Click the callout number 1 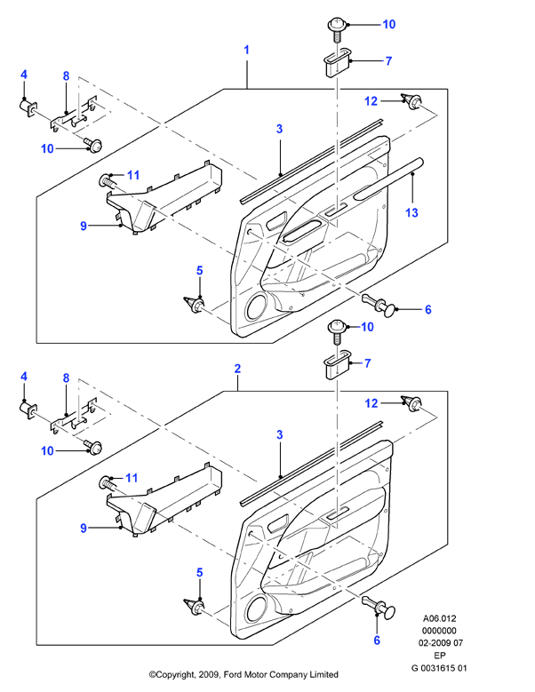(247, 50)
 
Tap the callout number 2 (237, 369)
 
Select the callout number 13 (411, 212)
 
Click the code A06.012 (439, 618)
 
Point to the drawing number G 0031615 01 (439, 668)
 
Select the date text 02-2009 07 (441, 643)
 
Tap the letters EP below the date (440, 656)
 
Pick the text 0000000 (439, 631)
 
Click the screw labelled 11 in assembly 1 (107, 180)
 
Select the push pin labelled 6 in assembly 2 (379, 607)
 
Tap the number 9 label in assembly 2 (84, 529)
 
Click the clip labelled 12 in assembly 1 (411, 101)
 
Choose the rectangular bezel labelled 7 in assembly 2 (338, 364)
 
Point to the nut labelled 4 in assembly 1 (28, 107)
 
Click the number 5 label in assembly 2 (200, 572)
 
